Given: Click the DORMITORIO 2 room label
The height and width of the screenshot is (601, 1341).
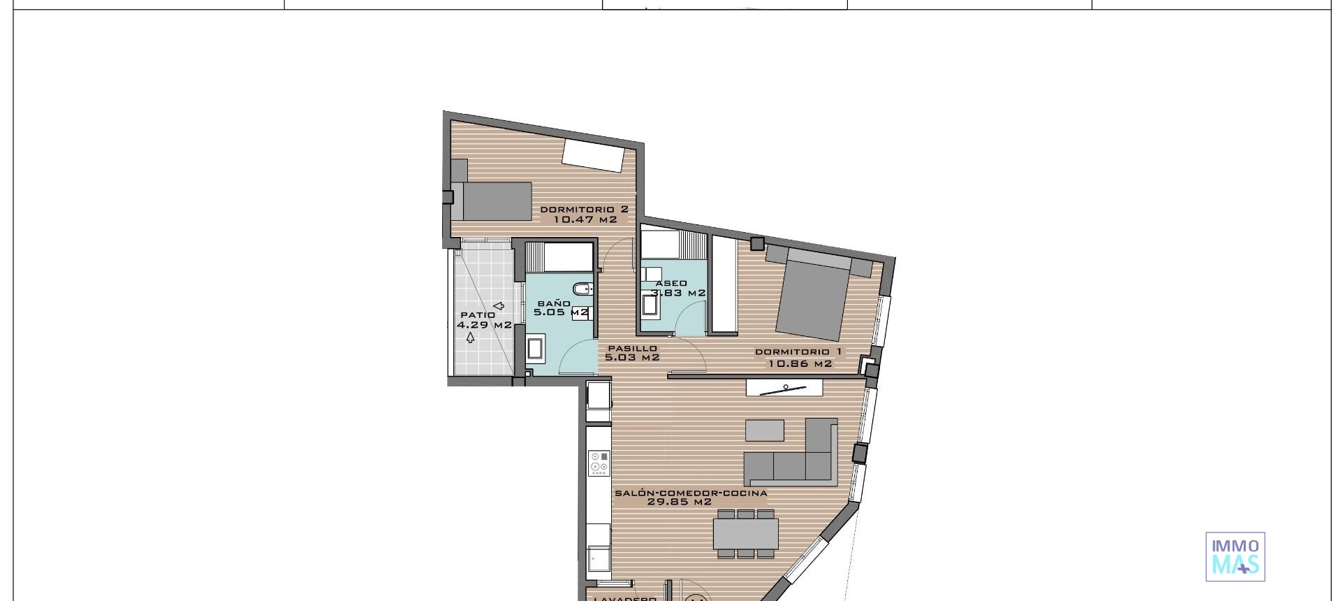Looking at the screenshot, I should (x=584, y=209).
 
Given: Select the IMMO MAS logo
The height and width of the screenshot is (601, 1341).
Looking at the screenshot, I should (x=1235, y=556).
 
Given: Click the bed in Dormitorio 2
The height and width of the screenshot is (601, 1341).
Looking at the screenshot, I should (x=496, y=201).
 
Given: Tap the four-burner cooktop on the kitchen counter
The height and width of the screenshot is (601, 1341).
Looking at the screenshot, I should (x=599, y=463).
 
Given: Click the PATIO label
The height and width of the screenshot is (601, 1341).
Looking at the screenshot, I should (x=478, y=315).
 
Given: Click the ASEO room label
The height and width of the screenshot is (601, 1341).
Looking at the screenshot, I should (x=670, y=284).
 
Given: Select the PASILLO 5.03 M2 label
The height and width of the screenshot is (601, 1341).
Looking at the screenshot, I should (x=632, y=353).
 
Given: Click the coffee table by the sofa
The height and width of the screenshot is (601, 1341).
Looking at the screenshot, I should (x=764, y=430).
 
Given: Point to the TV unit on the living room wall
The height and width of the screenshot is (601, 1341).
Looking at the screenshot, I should (x=784, y=387).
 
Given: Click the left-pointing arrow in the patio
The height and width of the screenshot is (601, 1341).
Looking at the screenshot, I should (x=499, y=305).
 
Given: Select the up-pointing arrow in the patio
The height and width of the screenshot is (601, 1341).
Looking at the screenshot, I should (x=470, y=338).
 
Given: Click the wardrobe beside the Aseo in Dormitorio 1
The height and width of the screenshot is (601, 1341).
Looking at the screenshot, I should (x=724, y=284).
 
